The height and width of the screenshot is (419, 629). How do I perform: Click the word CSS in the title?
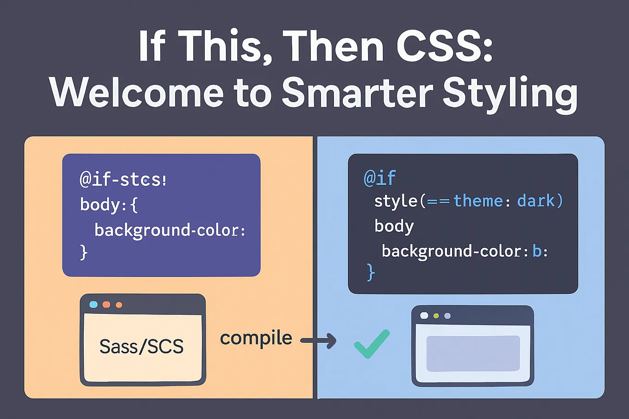click(444, 45)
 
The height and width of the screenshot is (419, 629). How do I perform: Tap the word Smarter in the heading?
click(357, 92)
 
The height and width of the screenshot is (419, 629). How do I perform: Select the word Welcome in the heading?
click(137, 92)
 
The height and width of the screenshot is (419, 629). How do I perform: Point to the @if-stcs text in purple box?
click(123, 180)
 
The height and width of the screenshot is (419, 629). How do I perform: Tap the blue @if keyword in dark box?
click(380, 178)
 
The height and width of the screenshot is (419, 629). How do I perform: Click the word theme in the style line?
click(478, 201)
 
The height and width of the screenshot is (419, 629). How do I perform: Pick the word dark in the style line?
click(536, 201)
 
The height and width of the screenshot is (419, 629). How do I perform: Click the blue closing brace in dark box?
click(371, 272)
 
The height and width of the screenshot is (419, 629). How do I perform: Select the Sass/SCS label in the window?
click(142, 346)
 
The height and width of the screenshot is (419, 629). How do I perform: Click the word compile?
click(256, 338)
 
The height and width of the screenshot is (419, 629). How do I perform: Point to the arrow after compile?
click(318, 341)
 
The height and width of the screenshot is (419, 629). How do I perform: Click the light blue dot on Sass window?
click(94, 305)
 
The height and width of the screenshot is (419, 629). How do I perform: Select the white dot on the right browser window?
click(424, 316)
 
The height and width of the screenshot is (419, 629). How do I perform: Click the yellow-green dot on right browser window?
click(436, 316)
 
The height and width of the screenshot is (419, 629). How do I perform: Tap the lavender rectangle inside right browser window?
click(473, 353)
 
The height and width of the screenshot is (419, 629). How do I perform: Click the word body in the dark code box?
click(394, 226)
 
